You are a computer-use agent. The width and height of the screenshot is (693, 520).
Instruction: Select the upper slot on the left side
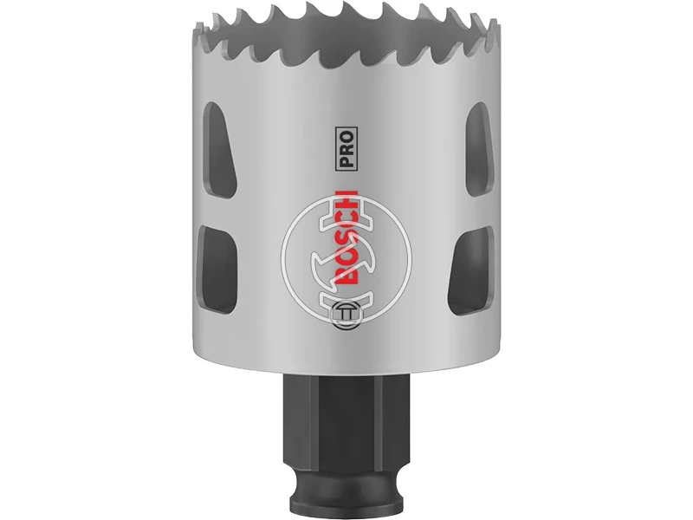pyautogui.click(x=212, y=144)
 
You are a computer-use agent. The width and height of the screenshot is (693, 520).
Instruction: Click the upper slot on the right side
pyautogui.click(x=479, y=144)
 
